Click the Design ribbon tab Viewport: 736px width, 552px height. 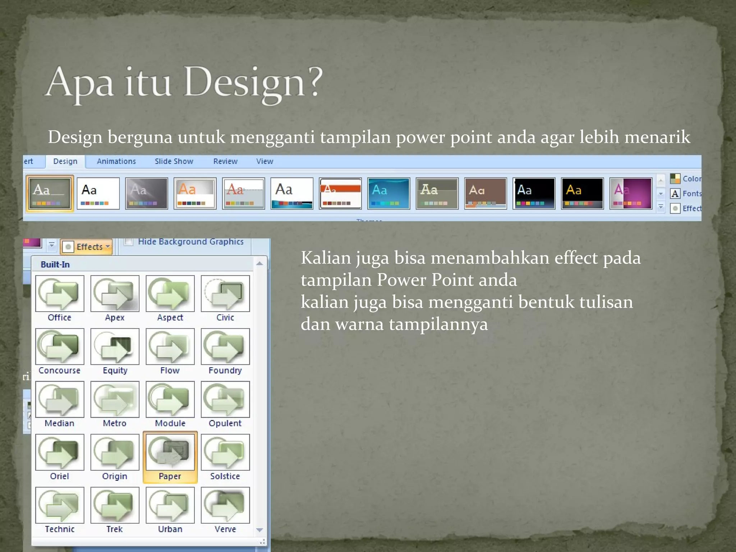[65, 161]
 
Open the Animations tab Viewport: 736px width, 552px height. [116, 161]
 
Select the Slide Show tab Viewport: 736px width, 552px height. [174, 161]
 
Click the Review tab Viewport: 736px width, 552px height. [225, 161]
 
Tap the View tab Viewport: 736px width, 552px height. [264, 161]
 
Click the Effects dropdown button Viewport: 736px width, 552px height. [87, 247]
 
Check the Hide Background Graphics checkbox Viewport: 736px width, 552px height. [129, 241]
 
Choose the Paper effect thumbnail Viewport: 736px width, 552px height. [170, 452]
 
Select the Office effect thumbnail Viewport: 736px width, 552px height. [60, 294]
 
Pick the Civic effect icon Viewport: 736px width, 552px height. [225, 294]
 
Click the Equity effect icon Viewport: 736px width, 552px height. [115, 346]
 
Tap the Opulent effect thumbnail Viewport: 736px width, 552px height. [225, 399]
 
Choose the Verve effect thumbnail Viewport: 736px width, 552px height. [225, 505]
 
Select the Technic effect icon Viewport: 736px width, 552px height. [60, 505]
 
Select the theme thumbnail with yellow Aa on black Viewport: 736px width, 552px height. [582, 193]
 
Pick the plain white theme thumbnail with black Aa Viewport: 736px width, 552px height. [98, 193]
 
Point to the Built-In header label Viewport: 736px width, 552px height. [55, 264]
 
